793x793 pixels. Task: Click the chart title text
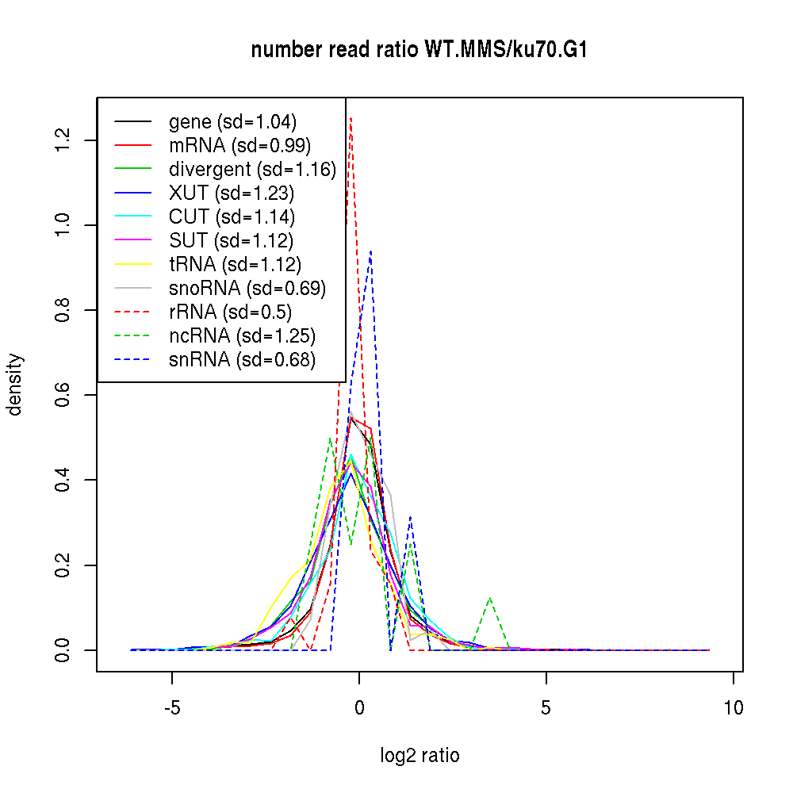coord(419,50)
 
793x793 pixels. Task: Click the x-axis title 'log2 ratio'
coord(419,755)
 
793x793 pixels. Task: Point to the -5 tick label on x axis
coord(172,707)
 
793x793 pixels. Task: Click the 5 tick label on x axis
coord(546,707)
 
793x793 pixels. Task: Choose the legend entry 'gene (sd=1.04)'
coord(232,122)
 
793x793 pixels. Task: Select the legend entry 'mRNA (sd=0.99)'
coord(239,146)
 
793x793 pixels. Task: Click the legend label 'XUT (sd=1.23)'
coord(232,193)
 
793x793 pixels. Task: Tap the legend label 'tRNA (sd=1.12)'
coord(235,265)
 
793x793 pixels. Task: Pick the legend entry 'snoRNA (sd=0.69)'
coord(247,289)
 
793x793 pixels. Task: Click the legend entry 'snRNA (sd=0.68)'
coord(242,360)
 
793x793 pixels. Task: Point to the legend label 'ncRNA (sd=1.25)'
coord(242,336)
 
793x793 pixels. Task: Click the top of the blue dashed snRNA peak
coord(370,251)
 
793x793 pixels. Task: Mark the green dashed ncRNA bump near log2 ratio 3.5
coord(491,598)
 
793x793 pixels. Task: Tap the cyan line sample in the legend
coord(132,217)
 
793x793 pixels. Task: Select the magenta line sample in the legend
coord(132,241)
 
